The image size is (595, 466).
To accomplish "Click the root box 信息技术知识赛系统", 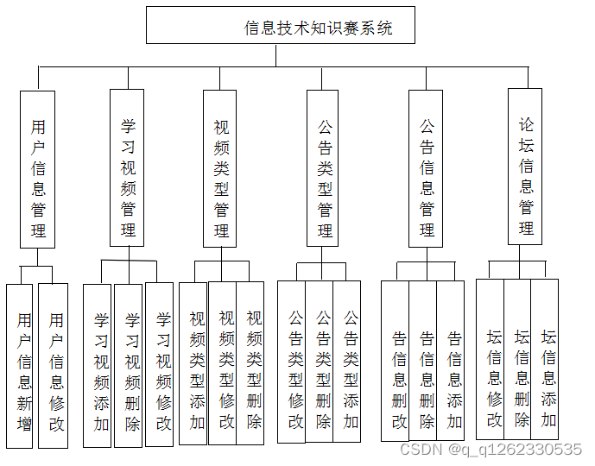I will click(281, 26).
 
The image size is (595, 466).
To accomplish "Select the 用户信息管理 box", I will click(37, 170).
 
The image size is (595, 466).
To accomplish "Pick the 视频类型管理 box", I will click(220, 168).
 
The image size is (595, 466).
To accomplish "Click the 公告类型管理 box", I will click(323, 168).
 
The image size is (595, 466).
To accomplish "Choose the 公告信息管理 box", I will click(427, 168).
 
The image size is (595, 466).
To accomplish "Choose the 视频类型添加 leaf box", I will click(193, 363).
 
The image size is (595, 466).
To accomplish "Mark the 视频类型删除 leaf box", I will click(250, 363).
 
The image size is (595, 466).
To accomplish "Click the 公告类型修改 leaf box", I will click(292, 362).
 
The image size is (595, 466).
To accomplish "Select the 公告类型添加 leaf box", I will click(347, 362).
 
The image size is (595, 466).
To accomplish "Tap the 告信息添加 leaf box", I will click(451, 362).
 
